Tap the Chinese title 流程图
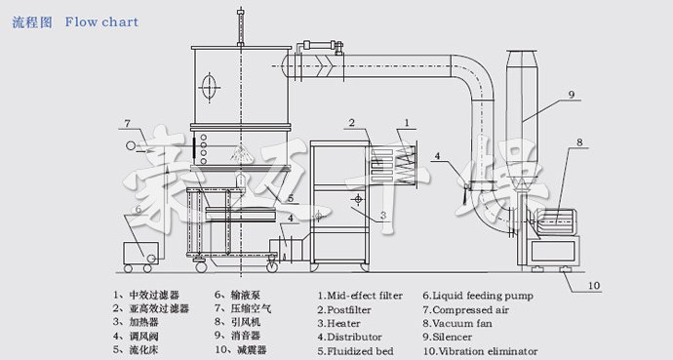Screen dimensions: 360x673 pos(32,21)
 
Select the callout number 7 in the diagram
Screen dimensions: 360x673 pos(128,123)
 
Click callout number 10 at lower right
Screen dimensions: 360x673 pos(594,287)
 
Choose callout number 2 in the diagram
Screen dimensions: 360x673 pos(348,122)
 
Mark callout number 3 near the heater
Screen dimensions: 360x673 pos(383,215)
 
